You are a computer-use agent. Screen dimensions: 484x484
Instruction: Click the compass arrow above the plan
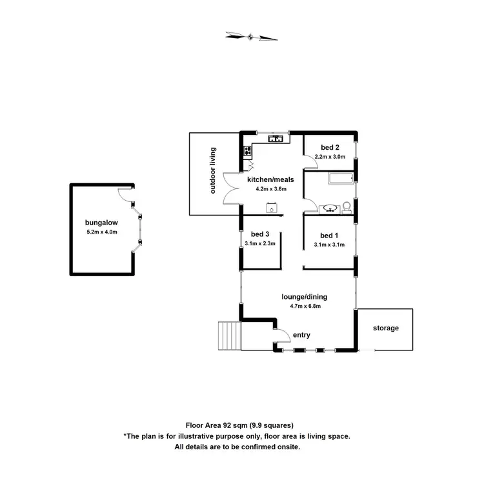point(252,36)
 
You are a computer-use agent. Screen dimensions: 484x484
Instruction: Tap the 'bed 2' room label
point(330,147)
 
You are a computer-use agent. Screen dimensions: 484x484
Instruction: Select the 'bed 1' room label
point(329,235)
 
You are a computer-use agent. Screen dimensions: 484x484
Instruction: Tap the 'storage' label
point(386,328)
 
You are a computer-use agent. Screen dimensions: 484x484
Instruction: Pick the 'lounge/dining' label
point(305,297)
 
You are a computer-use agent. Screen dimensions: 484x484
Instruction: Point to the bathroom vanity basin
point(329,208)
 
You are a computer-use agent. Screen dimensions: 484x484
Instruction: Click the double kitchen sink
point(275,137)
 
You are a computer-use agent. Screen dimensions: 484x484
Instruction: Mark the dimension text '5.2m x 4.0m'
point(101,232)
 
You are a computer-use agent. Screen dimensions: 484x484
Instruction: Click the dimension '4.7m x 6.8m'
point(305,307)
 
